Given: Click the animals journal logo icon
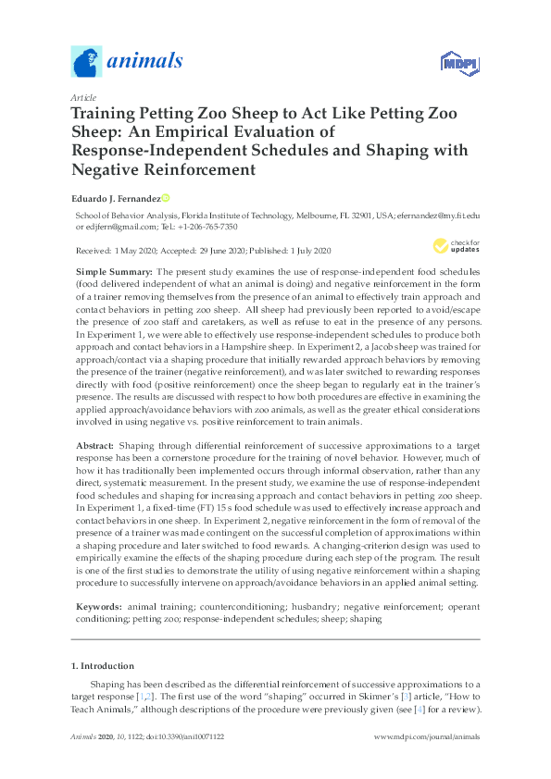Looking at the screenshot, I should tap(86, 63).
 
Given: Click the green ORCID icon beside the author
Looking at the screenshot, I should tap(166, 198).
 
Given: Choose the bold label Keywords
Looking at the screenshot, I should tap(99, 606).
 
